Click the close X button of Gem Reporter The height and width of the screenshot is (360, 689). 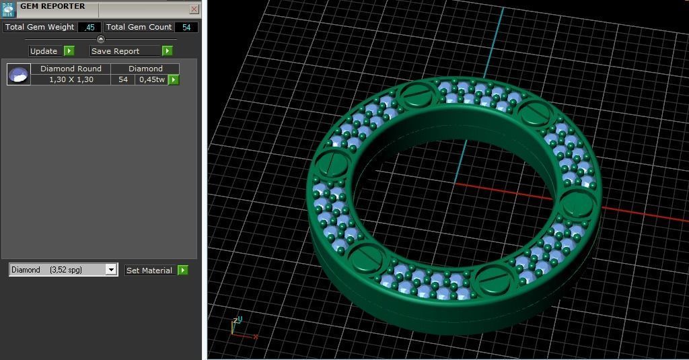pos(194,9)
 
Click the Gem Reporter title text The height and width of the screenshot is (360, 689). pos(52,7)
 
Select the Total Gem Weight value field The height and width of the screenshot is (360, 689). pos(89,28)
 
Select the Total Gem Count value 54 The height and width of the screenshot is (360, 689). pos(186,28)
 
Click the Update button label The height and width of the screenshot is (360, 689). pos(44,51)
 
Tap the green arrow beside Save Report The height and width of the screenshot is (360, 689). pos(167,51)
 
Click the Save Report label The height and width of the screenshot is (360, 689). pos(116,51)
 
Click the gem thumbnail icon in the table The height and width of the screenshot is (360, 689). pos(19,74)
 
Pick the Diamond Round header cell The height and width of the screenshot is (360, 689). pos(71,69)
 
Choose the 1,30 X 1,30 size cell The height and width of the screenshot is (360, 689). pos(71,79)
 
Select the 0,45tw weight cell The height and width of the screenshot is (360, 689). pos(151,79)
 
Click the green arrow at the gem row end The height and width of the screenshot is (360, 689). pos(174,79)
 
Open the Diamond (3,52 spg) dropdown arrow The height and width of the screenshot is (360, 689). pos(111,270)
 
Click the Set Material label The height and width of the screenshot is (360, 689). pos(149,271)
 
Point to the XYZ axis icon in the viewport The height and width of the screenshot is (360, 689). pos(239,327)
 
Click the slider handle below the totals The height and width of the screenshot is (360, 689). pos(101,39)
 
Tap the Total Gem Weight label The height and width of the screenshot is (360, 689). pos(40,28)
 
